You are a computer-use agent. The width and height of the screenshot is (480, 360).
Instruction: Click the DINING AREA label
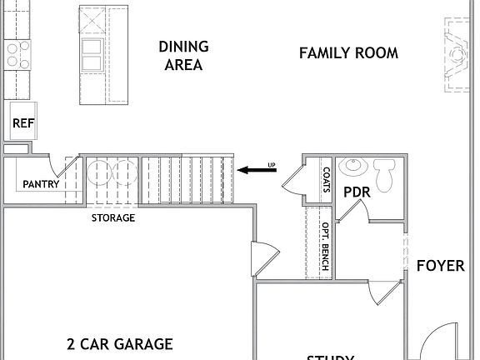pos(183,56)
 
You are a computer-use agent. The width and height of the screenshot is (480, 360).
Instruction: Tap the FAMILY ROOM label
pos(348,53)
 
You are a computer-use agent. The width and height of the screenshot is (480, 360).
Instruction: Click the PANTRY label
pos(40,184)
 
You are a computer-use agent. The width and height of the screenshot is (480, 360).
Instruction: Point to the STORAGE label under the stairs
pos(112,218)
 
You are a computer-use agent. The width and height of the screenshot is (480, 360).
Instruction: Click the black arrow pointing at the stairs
pos(258,170)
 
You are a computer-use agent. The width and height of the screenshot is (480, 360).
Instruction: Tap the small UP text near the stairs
pos(271,163)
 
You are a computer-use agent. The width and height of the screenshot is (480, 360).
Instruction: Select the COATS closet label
pos(326,180)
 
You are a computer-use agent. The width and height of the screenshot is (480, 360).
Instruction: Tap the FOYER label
pos(440,266)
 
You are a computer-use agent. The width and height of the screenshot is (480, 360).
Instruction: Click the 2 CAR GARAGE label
pos(119,343)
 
